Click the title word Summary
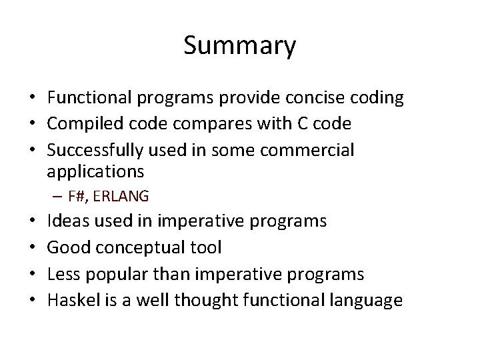click(239, 46)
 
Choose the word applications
click(95, 172)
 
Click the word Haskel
click(73, 300)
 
